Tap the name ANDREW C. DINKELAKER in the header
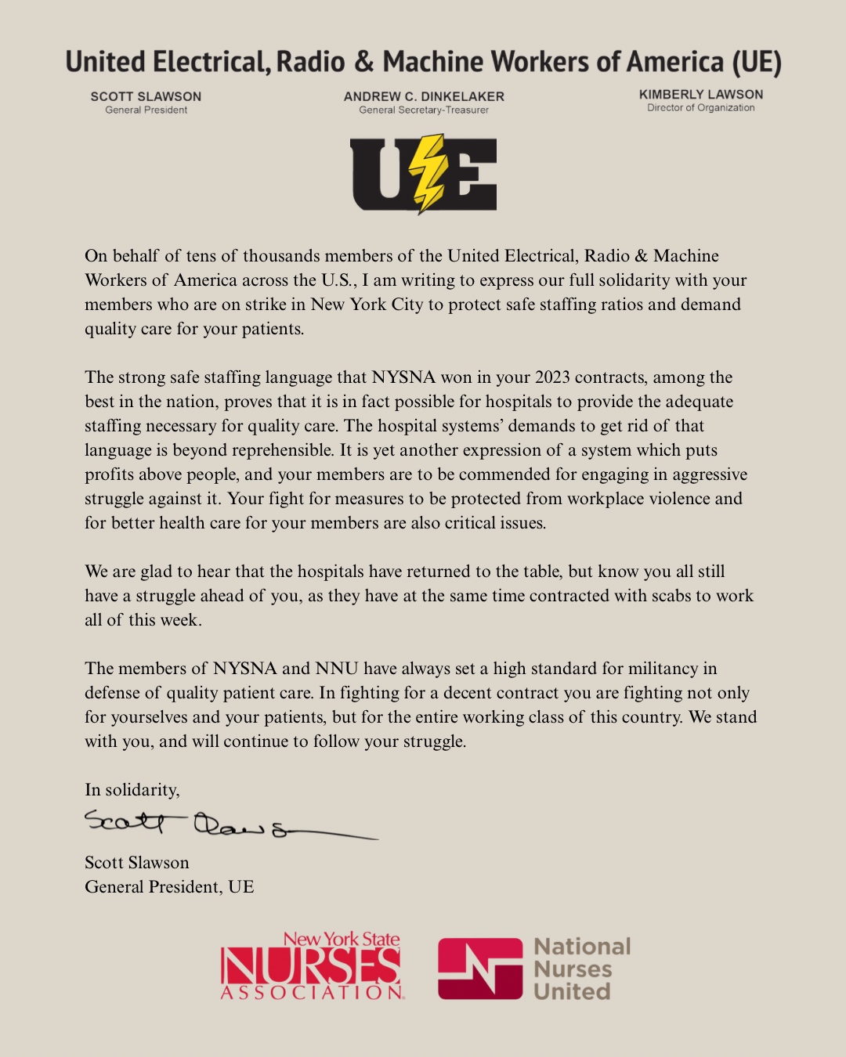(x=424, y=96)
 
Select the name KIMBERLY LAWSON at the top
(x=701, y=94)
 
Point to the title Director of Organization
(x=701, y=108)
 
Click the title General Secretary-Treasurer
(x=424, y=110)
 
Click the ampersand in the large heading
(x=363, y=62)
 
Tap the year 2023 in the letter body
(x=552, y=377)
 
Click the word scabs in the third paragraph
(x=671, y=596)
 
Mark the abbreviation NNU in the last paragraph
(x=337, y=669)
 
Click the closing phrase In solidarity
(x=132, y=790)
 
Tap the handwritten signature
(x=227, y=824)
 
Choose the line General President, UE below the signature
(x=169, y=887)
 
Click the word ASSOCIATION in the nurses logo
(x=312, y=993)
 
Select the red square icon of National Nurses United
(x=479, y=969)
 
